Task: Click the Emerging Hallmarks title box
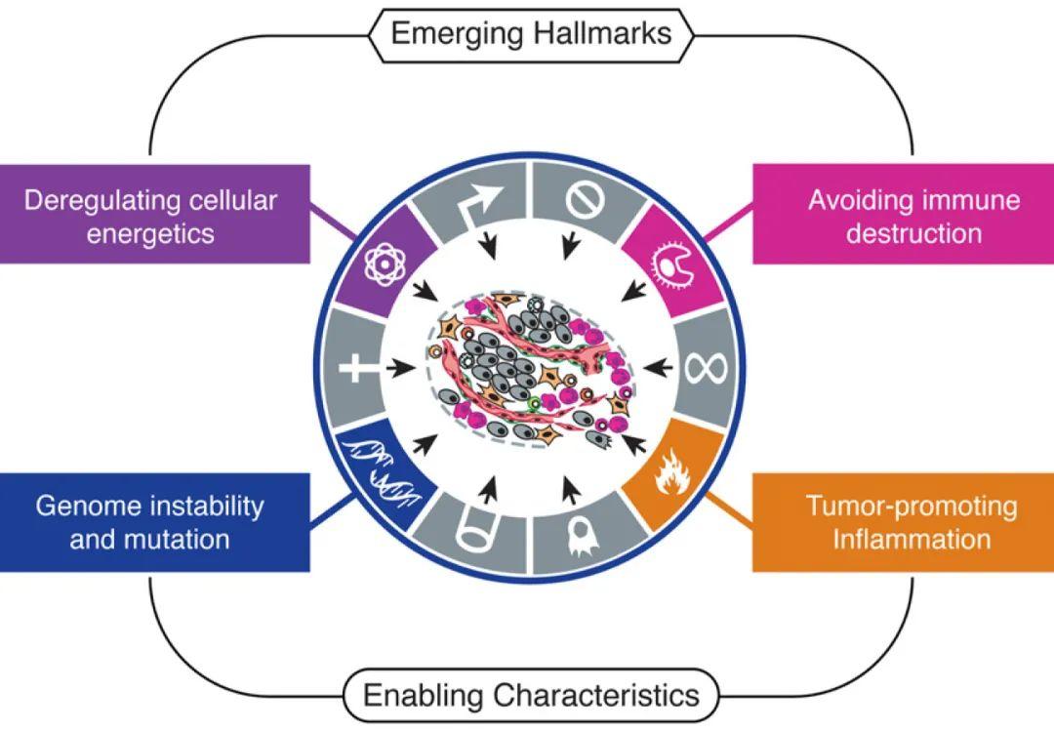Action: point(530,33)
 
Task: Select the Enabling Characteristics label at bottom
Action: point(530,695)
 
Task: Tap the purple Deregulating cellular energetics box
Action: point(151,216)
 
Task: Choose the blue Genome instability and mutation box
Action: point(151,522)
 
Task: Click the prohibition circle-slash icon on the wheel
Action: point(585,200)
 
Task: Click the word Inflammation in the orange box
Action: point(911,539)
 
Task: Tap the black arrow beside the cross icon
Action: point(398,369)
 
